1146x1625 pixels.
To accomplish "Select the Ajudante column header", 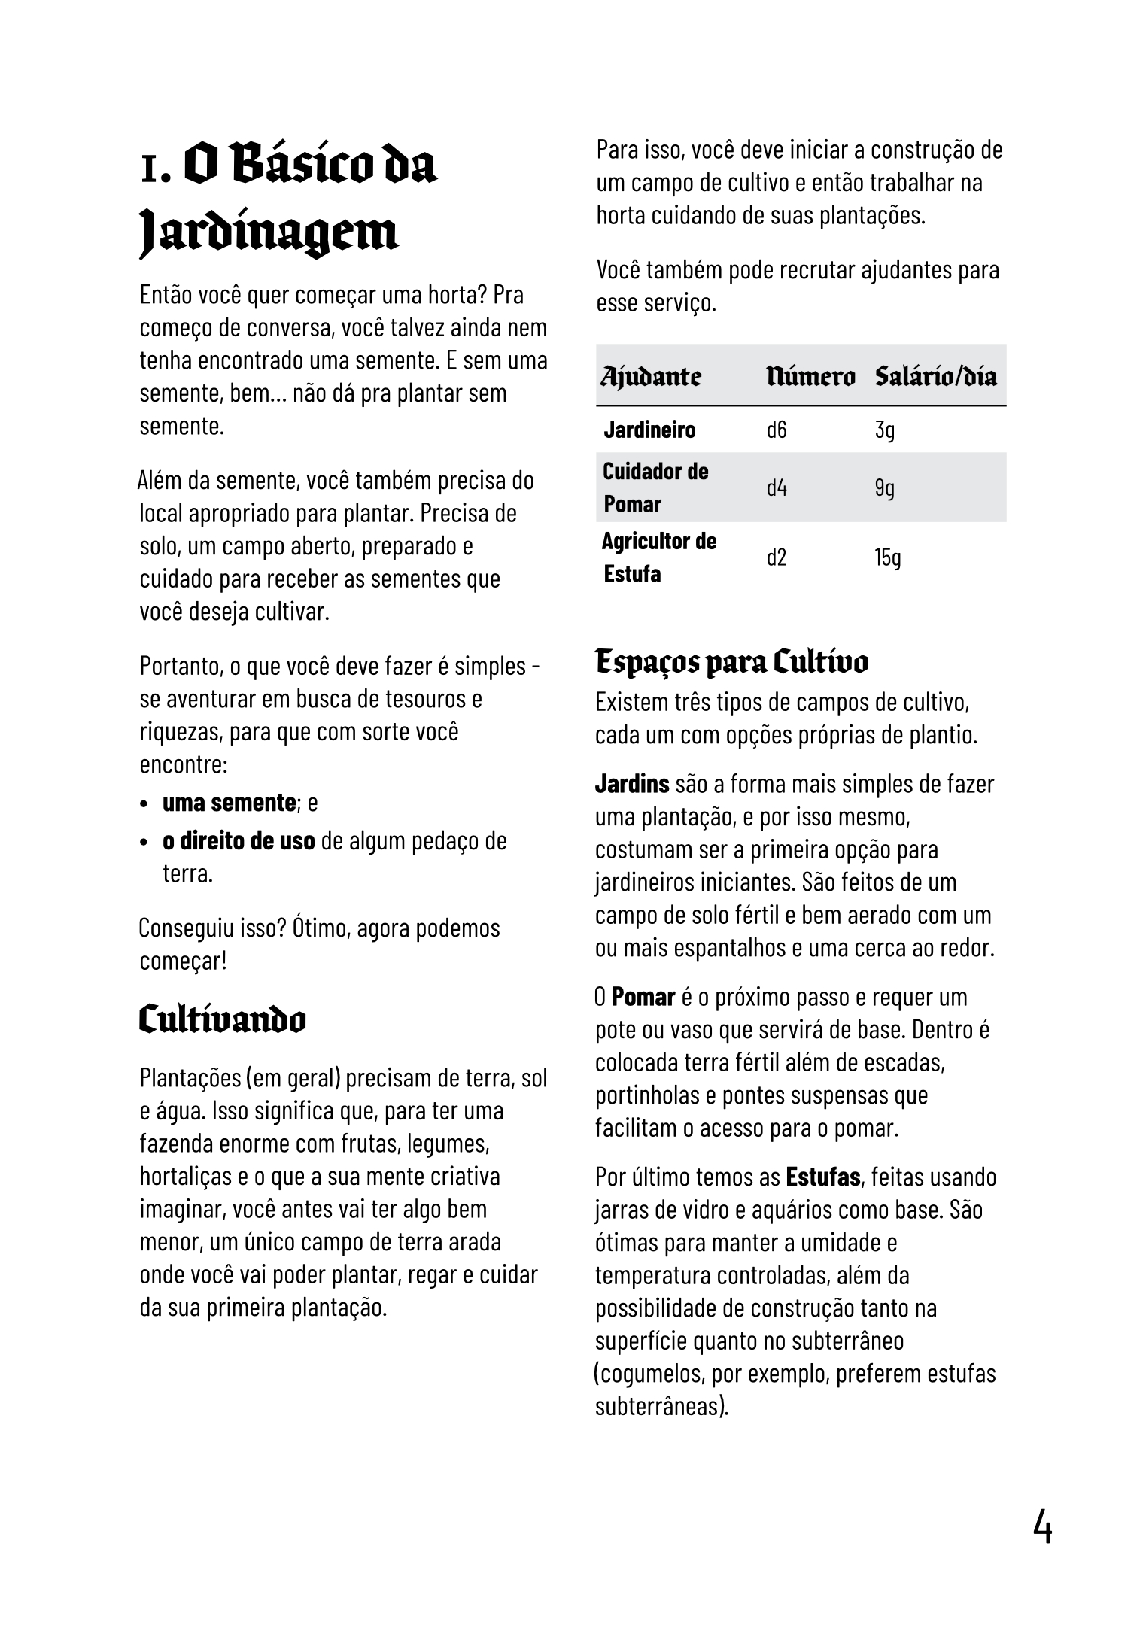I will pos(651,375).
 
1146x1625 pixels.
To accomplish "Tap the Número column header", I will pos(810,375).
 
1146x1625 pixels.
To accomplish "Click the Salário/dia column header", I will pos(935,375).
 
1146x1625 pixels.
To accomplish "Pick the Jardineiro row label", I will pos(649,430).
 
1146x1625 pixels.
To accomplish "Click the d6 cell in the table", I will pos(777,430).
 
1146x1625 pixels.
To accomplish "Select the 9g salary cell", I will pos(884,488).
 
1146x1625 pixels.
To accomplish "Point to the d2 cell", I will pos(777,557).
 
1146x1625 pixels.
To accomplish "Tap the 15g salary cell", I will pos(887,557).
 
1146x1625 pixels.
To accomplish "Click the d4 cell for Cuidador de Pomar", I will pos(777,488).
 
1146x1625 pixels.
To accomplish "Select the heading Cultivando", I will pos(223,1020).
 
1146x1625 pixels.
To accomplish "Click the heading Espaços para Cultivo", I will pos(731,662).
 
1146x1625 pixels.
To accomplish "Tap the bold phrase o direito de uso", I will pos(239,840).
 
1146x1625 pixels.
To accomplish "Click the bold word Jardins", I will pos(632,784).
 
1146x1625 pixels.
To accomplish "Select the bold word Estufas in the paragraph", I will pos(823,1177).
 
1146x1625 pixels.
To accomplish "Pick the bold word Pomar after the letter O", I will pos(643,998).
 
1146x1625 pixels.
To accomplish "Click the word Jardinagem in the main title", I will pos(269,234).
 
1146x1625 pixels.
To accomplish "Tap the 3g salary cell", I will pos(884,430).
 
